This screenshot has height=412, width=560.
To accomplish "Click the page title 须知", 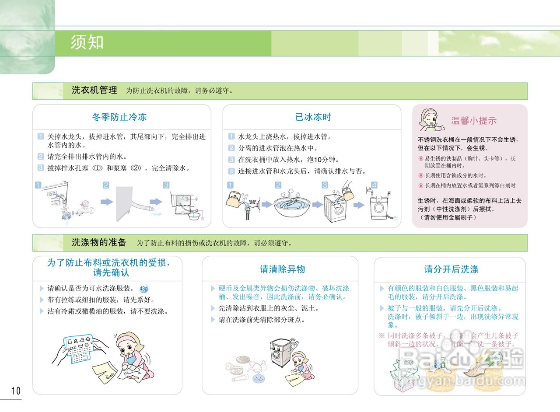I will point(87,42).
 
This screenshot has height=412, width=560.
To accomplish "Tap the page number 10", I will point(16,391).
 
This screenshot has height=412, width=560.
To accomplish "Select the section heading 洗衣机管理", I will point(94,91).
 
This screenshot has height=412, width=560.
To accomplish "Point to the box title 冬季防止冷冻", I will point(119,117).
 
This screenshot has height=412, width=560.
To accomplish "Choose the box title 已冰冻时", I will point(313,117).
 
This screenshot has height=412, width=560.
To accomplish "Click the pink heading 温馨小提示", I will point(473,121).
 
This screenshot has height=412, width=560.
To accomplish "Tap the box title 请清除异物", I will point(282,269).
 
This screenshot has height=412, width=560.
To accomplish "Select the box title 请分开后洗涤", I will point(451,269).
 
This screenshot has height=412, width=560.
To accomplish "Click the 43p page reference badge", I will point(143,289).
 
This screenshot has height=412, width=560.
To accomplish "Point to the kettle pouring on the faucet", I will point(235,199).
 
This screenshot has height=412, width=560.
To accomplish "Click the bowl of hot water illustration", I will point(292,206).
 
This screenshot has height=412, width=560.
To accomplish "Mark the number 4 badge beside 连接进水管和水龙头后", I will point(231,171).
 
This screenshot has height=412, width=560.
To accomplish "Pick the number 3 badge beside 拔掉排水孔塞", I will point(40,168).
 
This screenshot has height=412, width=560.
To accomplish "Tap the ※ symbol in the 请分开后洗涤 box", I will point(381,335).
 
